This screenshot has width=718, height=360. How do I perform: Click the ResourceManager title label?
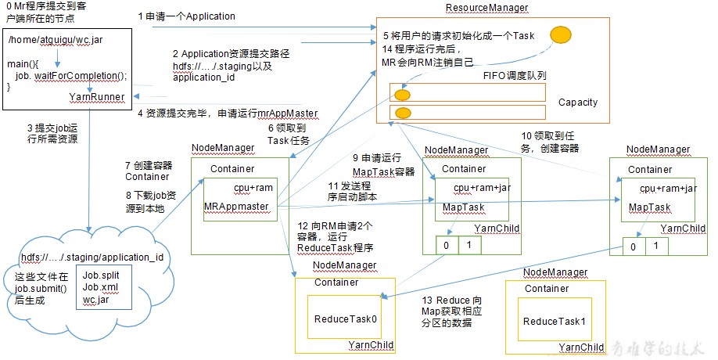(x=486, y=8)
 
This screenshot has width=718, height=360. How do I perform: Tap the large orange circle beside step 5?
(x=561, y=34)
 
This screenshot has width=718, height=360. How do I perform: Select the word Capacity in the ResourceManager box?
(x=578, y=103)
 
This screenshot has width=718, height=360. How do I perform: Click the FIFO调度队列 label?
(x=515, y=76)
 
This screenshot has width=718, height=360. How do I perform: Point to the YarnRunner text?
(x=97, y=97)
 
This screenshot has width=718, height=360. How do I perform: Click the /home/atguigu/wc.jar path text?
(x=56, y=40)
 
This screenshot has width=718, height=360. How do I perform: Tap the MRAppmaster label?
(x=236, y=207)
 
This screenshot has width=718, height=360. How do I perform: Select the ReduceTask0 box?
(x=344, y=317)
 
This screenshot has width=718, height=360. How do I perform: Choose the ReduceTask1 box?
(x=555, y=319)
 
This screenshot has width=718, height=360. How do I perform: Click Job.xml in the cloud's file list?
(x=100, y=287)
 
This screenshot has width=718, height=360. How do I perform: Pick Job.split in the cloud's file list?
(x=101, y=275)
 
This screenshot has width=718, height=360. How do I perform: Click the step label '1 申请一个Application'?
(x=186, y=16)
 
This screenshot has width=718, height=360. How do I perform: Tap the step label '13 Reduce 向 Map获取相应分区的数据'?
(x=451, y=311)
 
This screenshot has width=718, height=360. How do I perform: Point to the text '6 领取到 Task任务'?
(x=289, y=134)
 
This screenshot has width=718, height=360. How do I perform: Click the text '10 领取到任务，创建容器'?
(x=550, y=142)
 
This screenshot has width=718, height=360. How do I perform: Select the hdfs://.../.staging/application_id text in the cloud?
(x=92, y=257)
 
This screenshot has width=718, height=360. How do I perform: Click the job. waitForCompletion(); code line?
(x=71, y=76)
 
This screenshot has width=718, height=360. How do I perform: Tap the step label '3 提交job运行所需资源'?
(x=52, y=133)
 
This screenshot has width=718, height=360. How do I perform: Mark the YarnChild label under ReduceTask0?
(x=371, y=345)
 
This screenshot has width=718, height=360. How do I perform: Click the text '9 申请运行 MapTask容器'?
(x=383, y=165)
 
